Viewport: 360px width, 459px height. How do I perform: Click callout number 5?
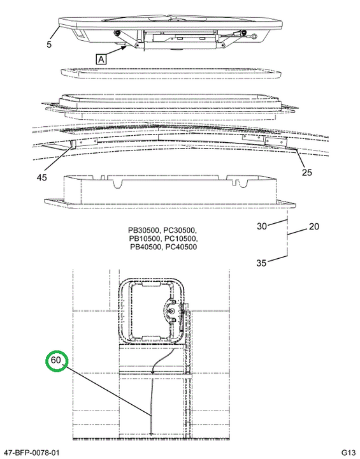point(49,45)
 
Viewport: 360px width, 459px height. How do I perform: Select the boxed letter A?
point(101,59)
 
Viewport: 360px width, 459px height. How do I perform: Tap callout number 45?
point(41,177)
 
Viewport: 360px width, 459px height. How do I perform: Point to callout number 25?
point(306,172)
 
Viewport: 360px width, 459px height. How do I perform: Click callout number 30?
point(262,226)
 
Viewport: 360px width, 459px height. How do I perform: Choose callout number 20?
point(313,226)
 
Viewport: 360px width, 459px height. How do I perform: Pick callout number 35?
point(261,263)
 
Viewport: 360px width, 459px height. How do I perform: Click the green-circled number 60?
point(55,360)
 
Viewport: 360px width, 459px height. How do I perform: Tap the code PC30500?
point(180,230)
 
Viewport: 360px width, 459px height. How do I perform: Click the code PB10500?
point(144,238)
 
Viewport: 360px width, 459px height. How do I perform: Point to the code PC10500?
point(180,238)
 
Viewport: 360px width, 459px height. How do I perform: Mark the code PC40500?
point(181,247)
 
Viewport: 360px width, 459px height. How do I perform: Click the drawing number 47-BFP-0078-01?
point(30,453)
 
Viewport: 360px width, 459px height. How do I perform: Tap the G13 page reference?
point(349,453)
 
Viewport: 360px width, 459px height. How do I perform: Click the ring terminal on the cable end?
point(254,36)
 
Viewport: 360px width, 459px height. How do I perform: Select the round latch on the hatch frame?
point(171,312)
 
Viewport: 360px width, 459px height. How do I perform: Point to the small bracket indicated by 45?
point(73,143)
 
